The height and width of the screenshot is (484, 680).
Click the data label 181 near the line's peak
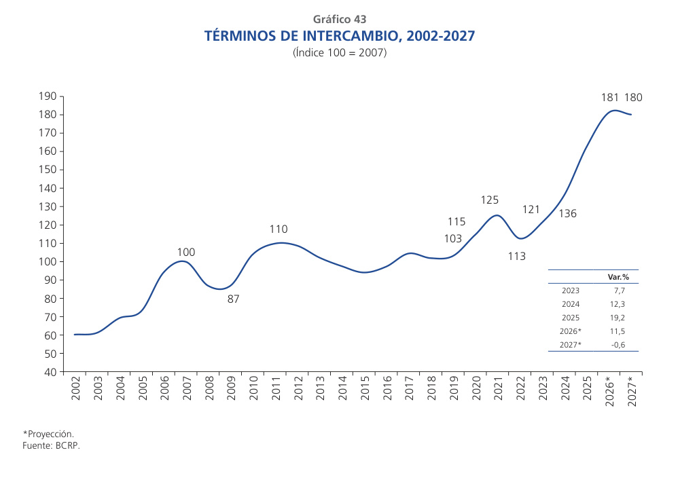(610, 98)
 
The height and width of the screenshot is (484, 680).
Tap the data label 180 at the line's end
(633, 98)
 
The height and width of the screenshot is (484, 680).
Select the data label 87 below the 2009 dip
(233, 299)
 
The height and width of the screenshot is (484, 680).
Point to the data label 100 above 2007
(185, 253)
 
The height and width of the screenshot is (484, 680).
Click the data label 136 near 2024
(567, 214)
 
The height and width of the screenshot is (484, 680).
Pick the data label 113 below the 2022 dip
(517, 257)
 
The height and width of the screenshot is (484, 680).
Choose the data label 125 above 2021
(490, 200)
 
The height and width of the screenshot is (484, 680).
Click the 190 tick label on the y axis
(48, 96)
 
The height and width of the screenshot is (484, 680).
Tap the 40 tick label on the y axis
(50, 372)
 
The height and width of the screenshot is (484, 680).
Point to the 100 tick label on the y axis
(48, 262)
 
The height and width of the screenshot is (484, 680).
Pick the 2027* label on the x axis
(632, 392)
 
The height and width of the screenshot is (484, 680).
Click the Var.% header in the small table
(617, 277)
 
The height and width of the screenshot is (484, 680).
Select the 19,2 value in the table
(618, 317)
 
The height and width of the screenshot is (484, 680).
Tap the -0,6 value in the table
(618, 344)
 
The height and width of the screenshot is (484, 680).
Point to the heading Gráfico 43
(340, 19)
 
